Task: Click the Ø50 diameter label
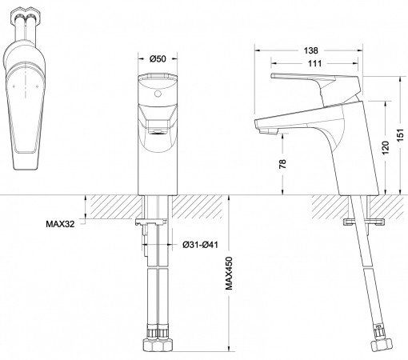(x=158, y=59)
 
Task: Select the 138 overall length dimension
(x=314, y=50)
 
